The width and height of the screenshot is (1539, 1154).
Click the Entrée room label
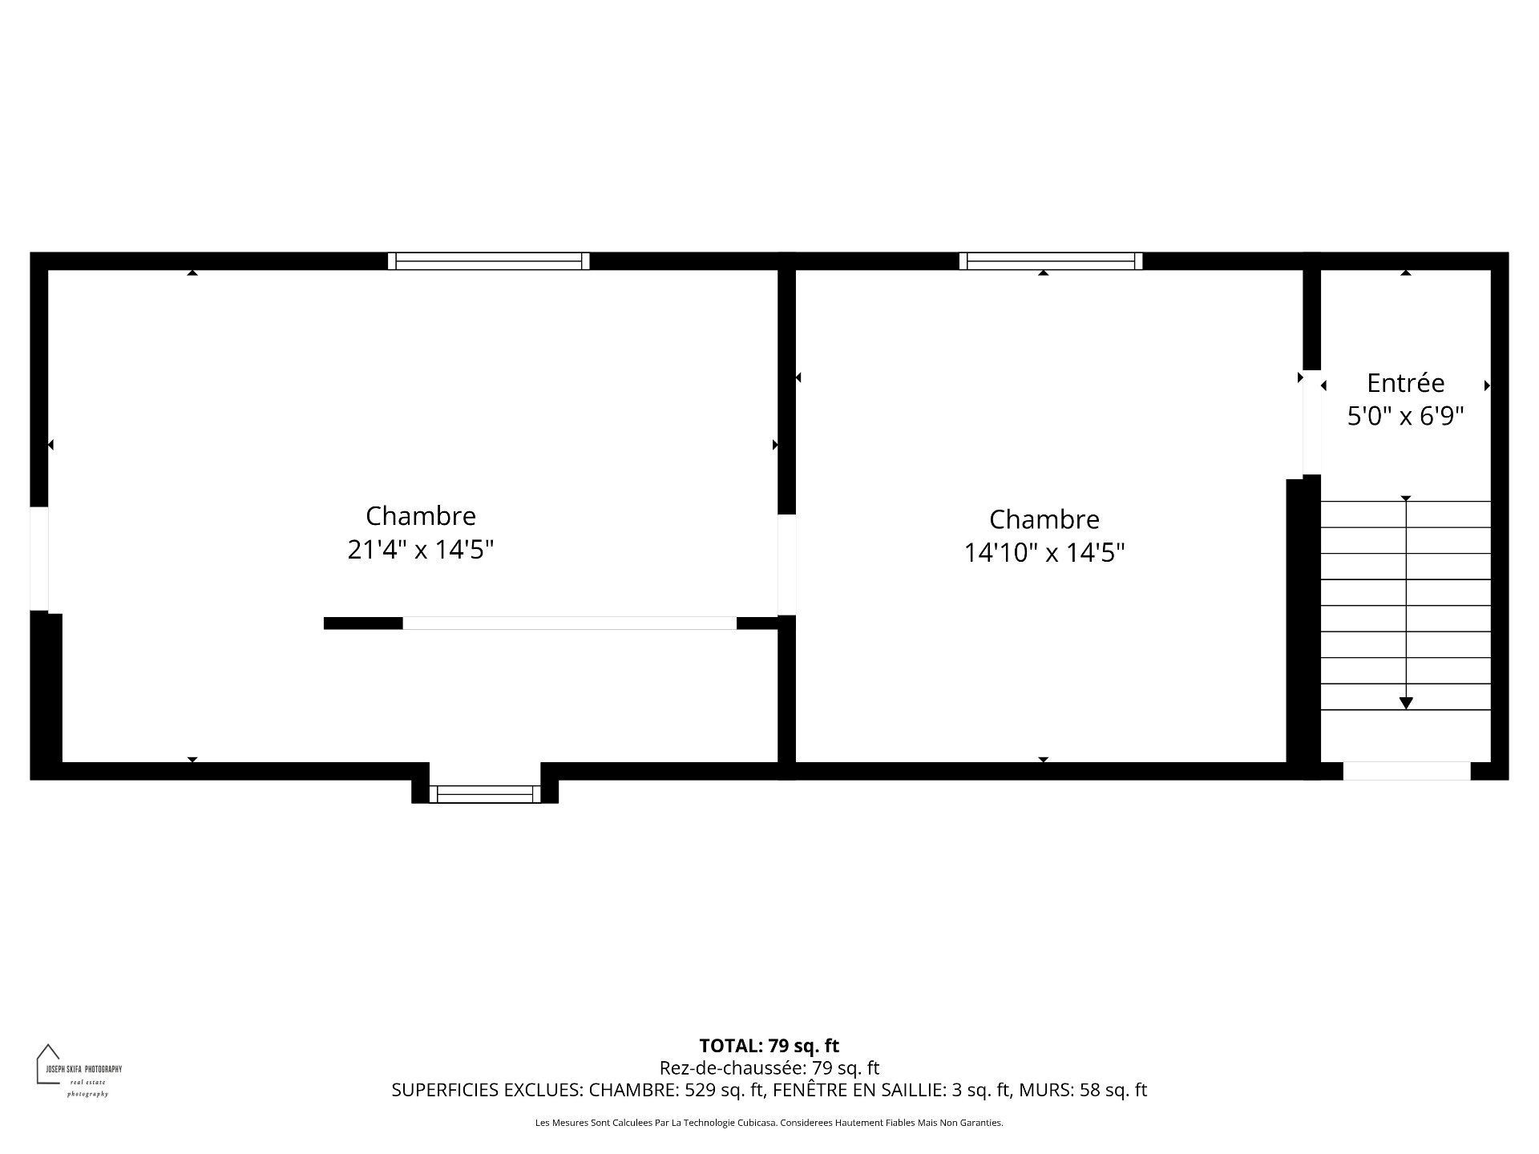point(1405,383)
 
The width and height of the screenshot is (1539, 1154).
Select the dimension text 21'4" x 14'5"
point(421,551)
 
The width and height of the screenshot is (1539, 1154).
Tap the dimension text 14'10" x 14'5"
point(1044,553)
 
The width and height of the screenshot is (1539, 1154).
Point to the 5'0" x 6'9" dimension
point(1406,417)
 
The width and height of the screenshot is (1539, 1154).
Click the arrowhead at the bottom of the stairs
point(1406,703)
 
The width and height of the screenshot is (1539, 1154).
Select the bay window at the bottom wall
point(485,794)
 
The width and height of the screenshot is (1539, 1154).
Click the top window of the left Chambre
point(489,261)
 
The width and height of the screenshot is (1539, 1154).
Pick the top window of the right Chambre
point(1051,261)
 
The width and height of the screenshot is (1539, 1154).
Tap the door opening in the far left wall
point(39,559)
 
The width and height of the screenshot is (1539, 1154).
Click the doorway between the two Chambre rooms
point(786,565)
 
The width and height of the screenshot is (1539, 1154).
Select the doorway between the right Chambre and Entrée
point(1311,422)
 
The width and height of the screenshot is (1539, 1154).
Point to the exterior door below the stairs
point(1407,771)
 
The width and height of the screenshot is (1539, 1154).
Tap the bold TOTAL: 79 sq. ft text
point(769,1046)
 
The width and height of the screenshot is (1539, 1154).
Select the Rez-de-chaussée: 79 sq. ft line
point(769,1067)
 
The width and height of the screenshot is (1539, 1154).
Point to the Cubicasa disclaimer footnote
point(769,1123)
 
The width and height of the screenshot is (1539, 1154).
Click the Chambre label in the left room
point(421,515)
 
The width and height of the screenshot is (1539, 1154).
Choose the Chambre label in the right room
point(1044,519)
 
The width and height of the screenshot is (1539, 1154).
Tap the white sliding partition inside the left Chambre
point(569,623)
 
